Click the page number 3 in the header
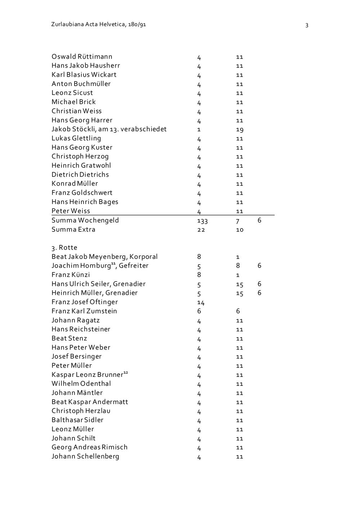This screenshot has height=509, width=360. coord(307,25)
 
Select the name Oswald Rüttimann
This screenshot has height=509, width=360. coord(82,57)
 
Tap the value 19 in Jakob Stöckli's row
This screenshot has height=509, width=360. coord(239,130)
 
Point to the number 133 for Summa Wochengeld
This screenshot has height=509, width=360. coord(202,221)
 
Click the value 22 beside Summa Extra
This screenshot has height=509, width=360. coord(201,230)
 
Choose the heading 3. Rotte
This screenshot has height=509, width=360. coord(64,248)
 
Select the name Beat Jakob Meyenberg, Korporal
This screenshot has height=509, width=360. coord(104,257)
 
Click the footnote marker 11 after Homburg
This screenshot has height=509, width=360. coord(113,263)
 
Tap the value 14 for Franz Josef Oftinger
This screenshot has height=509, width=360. coord(201,302)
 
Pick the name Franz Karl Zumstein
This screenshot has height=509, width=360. coord(84,311)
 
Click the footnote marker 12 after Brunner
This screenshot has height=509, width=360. coord(126,372)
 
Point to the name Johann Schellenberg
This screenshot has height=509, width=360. coord(85,456)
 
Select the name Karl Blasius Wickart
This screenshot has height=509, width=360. coord(84,75)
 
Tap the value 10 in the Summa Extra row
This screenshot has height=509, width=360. coord(240,230)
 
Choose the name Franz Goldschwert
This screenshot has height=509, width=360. coord(82,193)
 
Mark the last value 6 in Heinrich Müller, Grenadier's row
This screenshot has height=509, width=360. coord(259,293)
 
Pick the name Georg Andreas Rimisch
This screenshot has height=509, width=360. coord(90,447)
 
